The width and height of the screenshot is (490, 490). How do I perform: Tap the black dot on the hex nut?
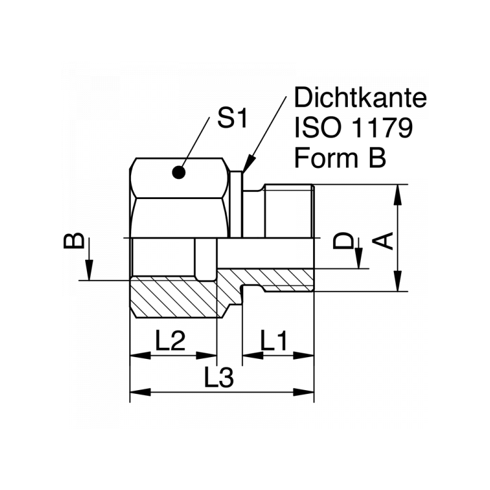(x=179, y=173)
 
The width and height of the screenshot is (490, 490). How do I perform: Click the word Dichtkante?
(x=360, y=98)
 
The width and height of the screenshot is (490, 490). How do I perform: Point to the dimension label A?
(x=385, y=241)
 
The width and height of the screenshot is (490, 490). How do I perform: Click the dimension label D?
(x=345, y=241)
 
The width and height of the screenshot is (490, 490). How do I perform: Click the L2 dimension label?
(x=170, y=341)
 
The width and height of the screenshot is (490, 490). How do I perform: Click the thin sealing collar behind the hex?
(x=237, y=205)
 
